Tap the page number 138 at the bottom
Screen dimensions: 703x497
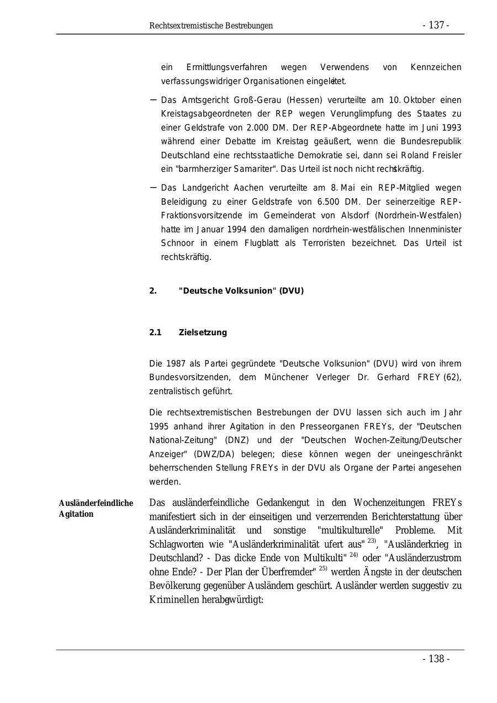click(436, 659)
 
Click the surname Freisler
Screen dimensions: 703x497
click(446, 155)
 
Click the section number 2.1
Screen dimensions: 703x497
click(155, 332)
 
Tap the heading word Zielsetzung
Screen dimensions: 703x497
click(203, 332)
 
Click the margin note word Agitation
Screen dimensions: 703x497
click(76, 514)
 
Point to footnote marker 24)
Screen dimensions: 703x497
click(354, 554)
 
